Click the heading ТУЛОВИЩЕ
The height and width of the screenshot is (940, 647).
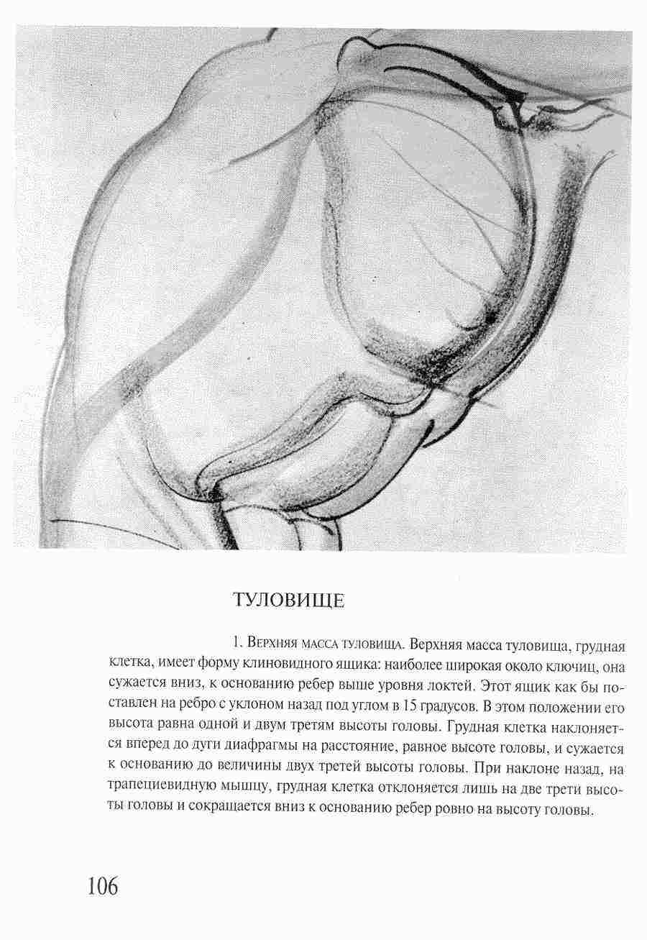click(289, 601)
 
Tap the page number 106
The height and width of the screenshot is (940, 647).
click(103, 887)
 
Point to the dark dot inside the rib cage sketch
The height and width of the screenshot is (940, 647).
click(491, 316)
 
